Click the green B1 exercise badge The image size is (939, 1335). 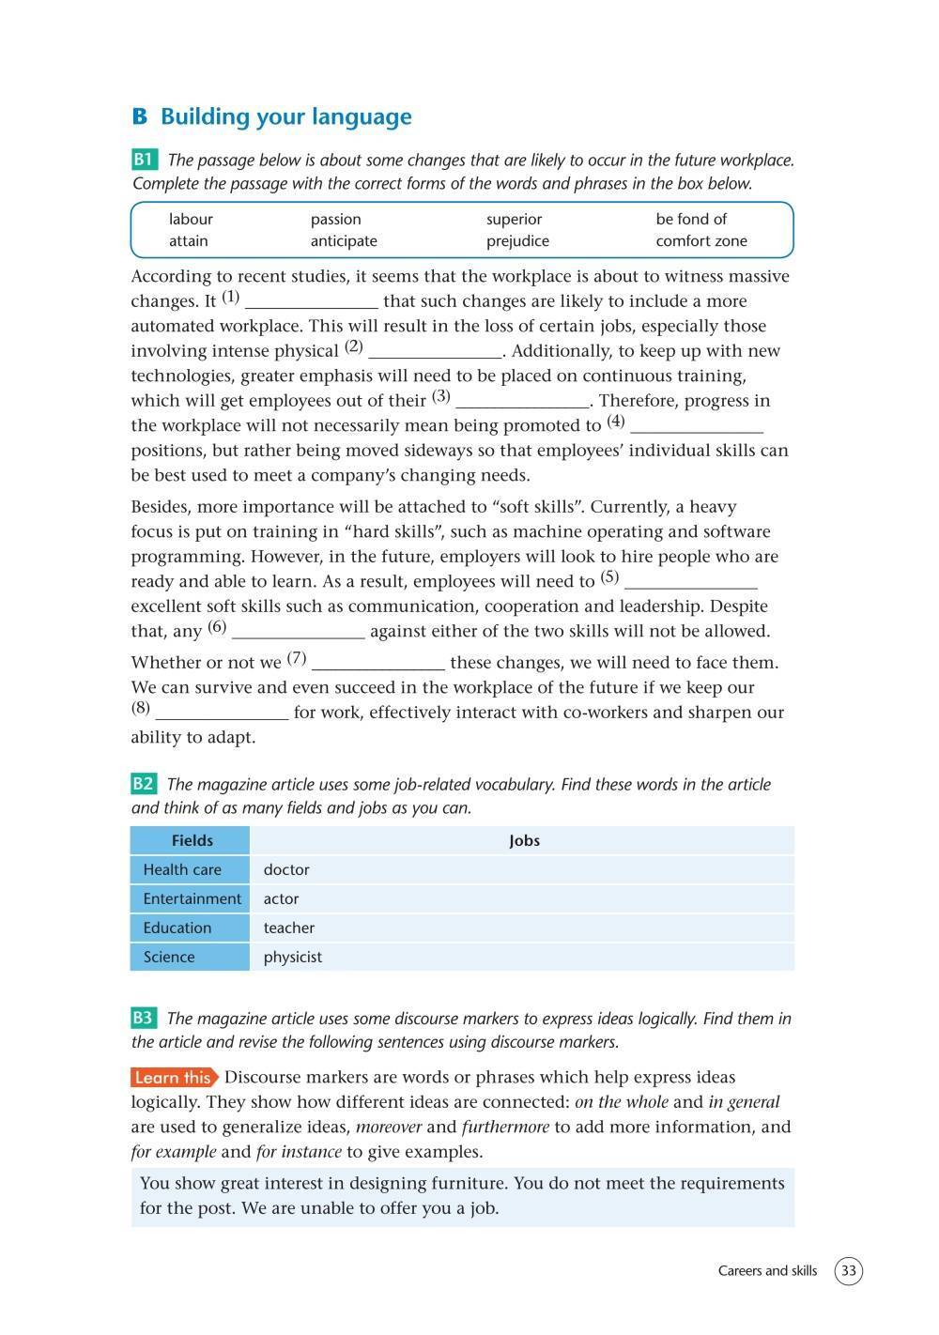(145, 159)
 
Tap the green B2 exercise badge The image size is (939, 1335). (144, 784)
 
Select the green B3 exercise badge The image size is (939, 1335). (144, 1018)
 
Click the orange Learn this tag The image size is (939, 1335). (174, 1078)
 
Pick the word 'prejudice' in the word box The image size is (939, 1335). (517, 240)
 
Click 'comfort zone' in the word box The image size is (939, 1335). (701, 240)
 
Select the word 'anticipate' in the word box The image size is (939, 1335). (344, 240)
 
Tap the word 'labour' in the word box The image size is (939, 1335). (191, 219)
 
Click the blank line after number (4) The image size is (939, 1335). (696, 427)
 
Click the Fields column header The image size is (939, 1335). (192, 840)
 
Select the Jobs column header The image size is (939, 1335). (524, 840)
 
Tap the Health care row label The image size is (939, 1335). (182, 869)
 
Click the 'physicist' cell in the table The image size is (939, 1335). (293, 957)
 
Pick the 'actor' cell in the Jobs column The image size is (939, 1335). (281, 898)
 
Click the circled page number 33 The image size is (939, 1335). (848, 1271)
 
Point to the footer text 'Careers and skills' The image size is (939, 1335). (767, 1271)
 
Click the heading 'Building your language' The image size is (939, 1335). (285, 117)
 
